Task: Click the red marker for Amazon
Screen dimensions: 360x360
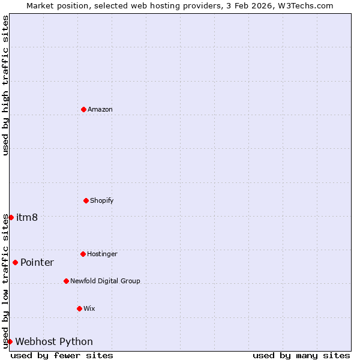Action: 84,109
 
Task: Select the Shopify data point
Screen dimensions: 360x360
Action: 86,200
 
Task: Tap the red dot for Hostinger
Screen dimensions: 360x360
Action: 83,254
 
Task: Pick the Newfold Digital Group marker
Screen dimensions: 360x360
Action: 66,281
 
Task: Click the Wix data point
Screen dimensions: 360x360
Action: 79,308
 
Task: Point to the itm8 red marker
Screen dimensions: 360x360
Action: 11,217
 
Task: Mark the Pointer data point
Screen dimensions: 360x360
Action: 15,262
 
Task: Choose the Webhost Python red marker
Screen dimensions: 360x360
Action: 10,341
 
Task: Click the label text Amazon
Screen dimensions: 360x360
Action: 100,109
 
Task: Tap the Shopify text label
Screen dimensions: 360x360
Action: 102,200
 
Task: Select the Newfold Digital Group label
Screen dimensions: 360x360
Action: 105,281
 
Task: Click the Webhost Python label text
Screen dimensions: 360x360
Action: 54,341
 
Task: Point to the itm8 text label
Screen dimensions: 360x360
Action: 27,217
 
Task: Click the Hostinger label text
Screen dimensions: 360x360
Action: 102,254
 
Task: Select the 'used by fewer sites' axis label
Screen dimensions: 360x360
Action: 62,355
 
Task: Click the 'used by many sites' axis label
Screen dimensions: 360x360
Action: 301,355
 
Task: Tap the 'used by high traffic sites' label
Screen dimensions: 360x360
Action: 6,85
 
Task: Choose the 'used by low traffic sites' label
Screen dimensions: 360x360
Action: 6,281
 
